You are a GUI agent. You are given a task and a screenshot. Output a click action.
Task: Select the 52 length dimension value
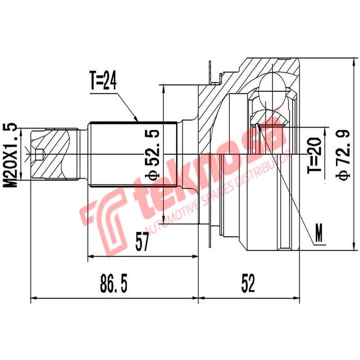coord(247,283)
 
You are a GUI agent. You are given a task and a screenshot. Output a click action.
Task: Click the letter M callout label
coord(319,234)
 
